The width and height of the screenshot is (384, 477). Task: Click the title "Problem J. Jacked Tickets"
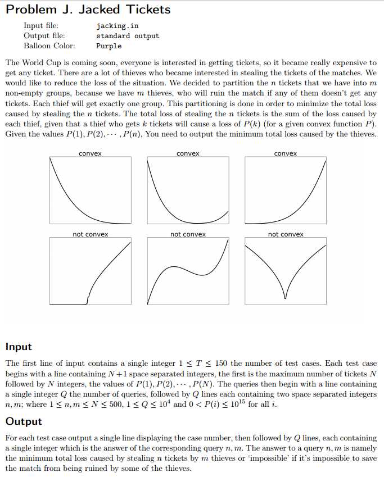(x=88, y=10)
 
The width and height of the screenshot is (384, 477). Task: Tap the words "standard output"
(x=128, y=35)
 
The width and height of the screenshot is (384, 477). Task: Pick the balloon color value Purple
(x=109, y=46)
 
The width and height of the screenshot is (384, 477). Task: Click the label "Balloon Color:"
(x=49, y=46)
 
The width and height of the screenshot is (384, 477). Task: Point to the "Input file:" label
(x=41, y=25)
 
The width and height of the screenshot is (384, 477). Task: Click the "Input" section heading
(x=19, y=347)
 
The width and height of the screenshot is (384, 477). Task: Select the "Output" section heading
(x=23, y=421)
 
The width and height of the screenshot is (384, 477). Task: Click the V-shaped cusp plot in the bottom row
(x=286, y=271)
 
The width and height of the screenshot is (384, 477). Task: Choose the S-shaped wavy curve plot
(x=188, y=271)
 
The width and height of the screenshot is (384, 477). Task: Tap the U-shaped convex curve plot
(x=188, y=190)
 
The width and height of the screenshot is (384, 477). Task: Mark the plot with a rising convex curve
(x=286, y=190)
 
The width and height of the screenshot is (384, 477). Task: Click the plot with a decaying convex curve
(x=90, y=190)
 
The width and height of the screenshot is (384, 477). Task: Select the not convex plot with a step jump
(x=90, y=271)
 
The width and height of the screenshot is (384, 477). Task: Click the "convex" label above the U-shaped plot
(x=188, y=153)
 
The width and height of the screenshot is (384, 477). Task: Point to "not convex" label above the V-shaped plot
(x=286, y=234)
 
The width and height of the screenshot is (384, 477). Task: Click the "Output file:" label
(x=43, y=35)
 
